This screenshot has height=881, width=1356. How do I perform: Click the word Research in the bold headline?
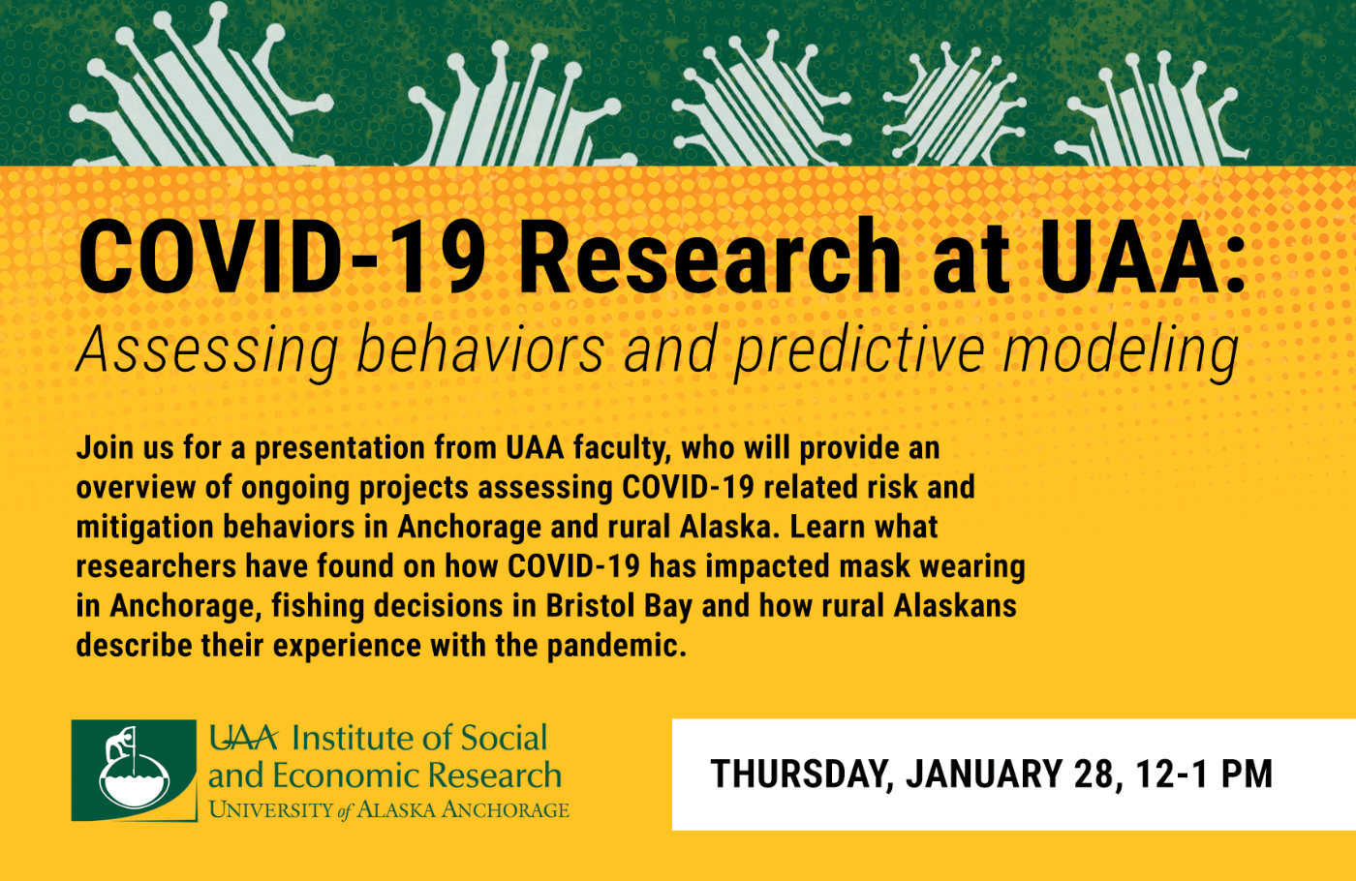[x=710, y=257]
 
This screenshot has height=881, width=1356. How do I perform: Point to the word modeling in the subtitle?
[x=1121, y=350]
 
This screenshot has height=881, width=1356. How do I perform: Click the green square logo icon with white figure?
[x=134, y=771]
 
